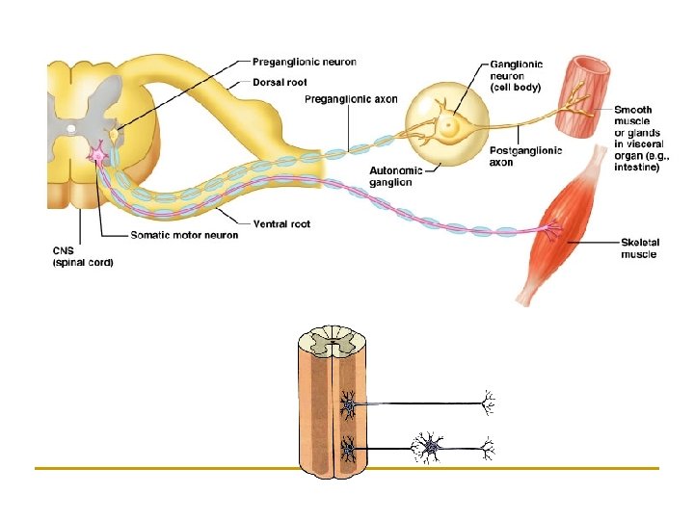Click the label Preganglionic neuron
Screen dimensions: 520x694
[305, 63]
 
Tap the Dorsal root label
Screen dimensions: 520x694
[280, 82]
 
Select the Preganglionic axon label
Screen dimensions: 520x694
[350, 98]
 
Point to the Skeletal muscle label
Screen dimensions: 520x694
[638, 248]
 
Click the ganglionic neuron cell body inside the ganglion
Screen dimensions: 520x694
[449, 123]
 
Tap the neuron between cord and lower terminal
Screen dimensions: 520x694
[430, 447]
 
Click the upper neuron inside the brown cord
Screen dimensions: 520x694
[347, 404]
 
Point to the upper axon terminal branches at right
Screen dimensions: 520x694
[488, 404]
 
